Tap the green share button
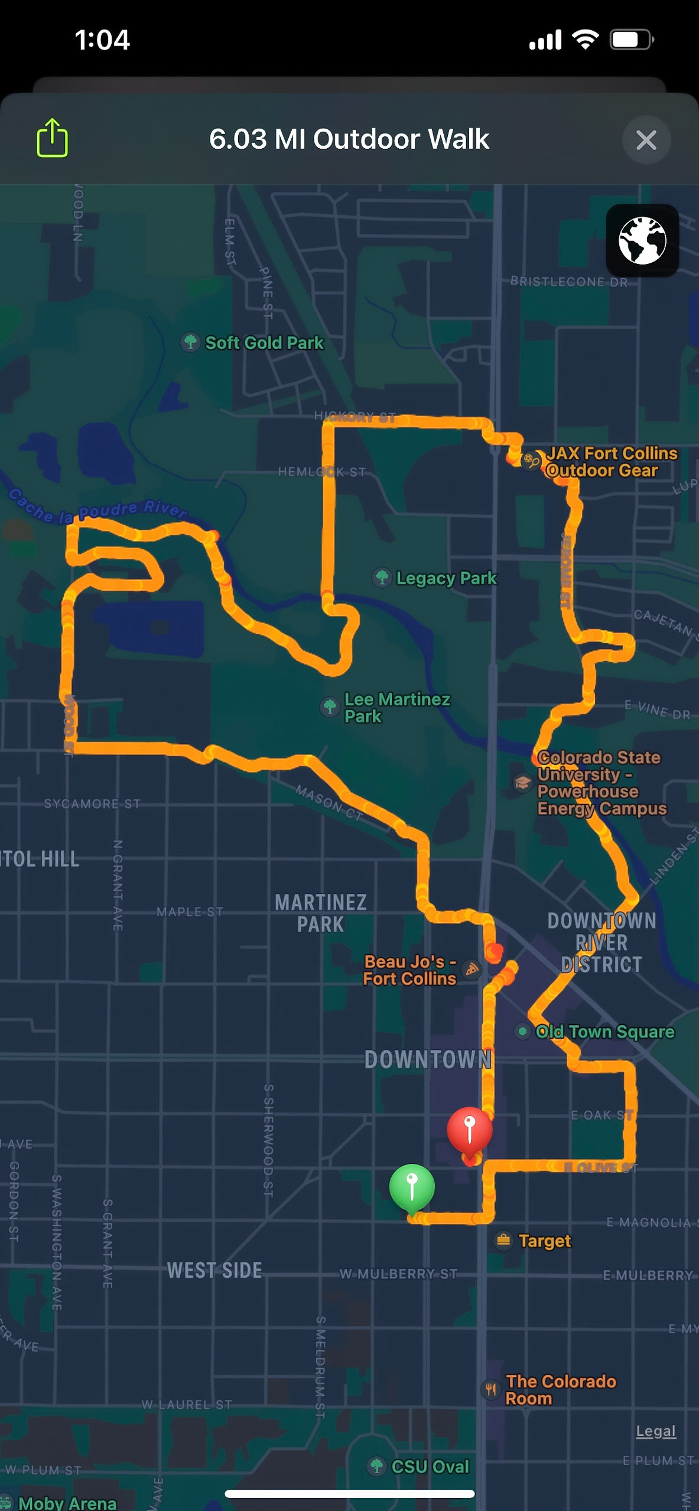click(52, 138)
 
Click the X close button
click(646, 140)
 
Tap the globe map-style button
click(642, 240)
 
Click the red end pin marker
click(470, 1128)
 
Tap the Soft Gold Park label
click(264, 342)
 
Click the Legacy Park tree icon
click(382, 577)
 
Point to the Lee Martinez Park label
click(396, 707)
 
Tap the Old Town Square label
click(604, 1032)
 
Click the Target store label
click(544, 1241)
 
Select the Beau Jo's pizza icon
click(472, 969)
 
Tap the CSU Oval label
click(430, 1466)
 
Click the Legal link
click(655, 1431)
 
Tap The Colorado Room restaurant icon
click(490, 1389)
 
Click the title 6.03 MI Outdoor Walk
click(349, 139)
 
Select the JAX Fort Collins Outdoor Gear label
click(611, 462)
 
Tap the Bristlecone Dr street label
click(568, 282)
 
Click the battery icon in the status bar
click(631, 40)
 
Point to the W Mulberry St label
click(398, 1274)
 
